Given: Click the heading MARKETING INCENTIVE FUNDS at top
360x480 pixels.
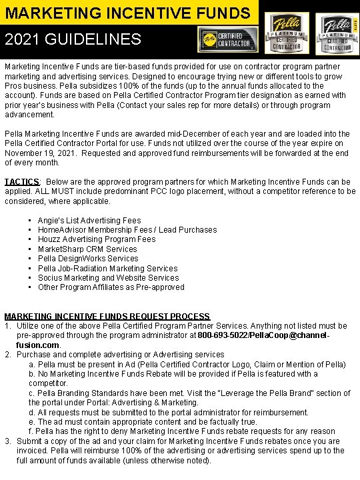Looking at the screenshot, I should click(127, 12).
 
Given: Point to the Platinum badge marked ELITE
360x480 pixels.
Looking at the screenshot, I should click(337, 33).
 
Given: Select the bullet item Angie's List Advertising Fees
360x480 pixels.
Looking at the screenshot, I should click(89, 220).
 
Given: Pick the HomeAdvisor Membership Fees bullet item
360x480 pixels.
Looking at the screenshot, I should click(127, 230).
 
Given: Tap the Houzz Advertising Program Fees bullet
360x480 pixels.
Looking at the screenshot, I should click(97, 239).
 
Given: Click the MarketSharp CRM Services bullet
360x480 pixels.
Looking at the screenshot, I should click(87, 249).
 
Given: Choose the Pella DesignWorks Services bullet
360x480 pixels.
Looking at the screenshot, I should click(88, 259).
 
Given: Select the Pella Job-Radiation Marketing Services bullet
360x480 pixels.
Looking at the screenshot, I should click(107, 268).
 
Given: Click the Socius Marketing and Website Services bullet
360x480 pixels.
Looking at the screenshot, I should click(108, 278).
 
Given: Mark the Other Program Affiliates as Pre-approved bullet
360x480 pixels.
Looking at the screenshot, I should click(111, 287).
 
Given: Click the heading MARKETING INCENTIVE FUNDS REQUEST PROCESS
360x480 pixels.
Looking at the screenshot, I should click(107, 316).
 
